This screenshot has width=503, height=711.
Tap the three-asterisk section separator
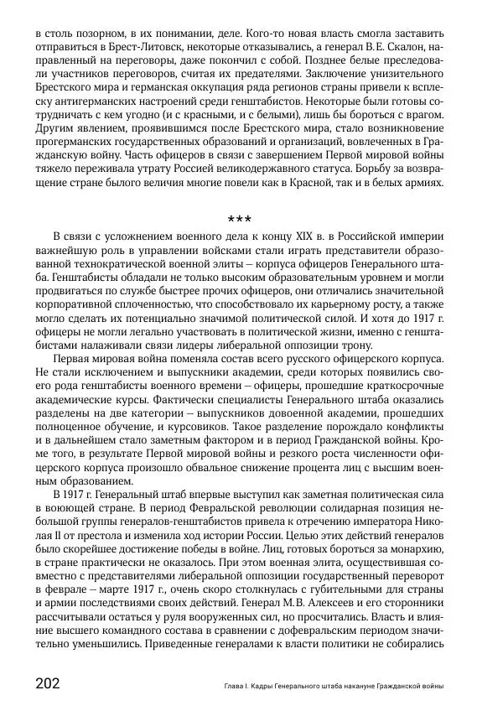point(239,220)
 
